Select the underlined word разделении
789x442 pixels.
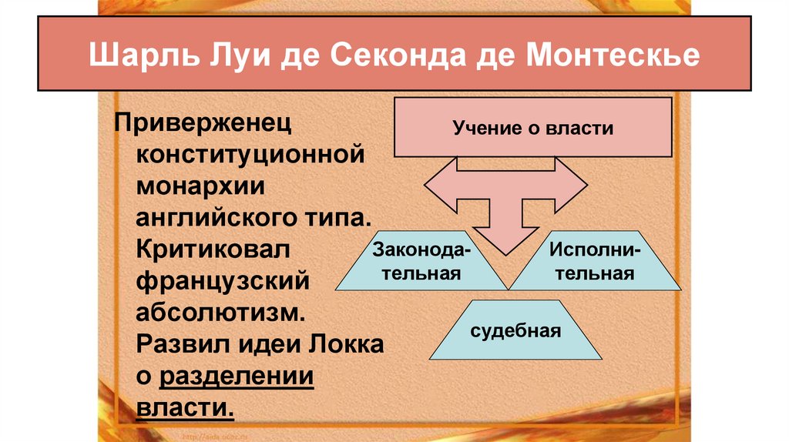click(x=236, y=377)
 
